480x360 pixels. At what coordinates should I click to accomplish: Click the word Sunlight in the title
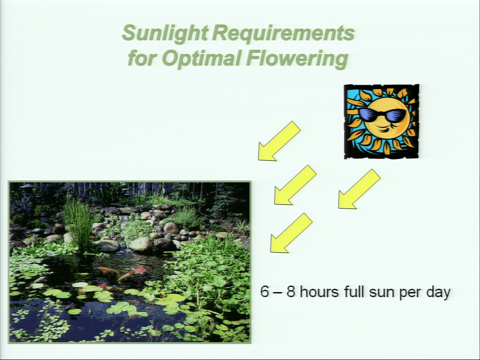pos(165,33)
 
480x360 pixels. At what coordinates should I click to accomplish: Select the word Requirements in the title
pos(283,33)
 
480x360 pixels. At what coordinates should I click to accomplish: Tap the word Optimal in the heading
pos(201,58)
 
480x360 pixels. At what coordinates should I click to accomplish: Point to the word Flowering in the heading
pos(297,58)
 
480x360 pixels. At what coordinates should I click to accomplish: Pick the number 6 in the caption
pos(264,291)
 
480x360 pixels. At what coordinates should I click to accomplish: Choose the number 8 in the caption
pos(291,291)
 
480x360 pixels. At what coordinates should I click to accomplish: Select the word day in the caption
pos(438,292)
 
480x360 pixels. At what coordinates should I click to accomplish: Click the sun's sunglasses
pos(382,115)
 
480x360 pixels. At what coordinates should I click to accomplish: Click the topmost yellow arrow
pos(279,141)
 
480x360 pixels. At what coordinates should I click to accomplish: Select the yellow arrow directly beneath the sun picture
pos(359,189)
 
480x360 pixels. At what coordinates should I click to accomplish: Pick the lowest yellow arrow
pos(291,233)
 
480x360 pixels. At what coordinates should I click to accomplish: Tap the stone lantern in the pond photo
pos(28,192)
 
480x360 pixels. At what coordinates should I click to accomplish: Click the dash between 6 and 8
pos(277,292)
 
